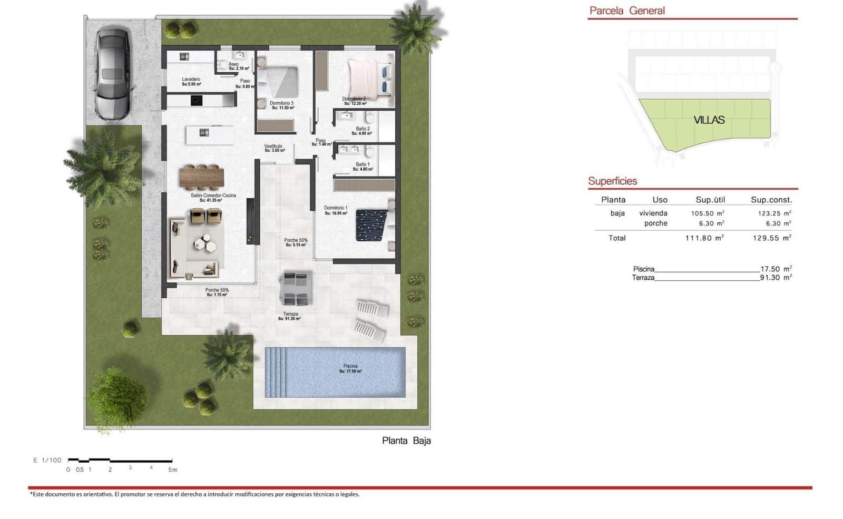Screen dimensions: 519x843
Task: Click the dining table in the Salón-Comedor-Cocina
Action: click(x=202, y=177)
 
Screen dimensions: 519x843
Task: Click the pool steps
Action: click(x=275, y=371)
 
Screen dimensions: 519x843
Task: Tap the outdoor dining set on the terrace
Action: click(x=295, y=288)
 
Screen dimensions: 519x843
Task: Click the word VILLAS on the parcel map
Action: click(x=709, y=120)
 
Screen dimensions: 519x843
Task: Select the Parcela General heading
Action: click(x=627, y=11)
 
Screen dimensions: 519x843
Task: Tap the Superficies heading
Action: click(x=612, y=181)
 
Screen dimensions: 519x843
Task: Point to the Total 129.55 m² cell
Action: click(x=771, y=238)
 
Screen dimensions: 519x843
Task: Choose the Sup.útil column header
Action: click(x=710, y=200)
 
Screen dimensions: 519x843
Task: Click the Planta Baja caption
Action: click(x=406, y=440)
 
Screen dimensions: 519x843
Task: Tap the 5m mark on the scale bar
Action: click(x=172, y=469)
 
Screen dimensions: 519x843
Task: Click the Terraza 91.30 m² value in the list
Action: click(x=775, y=278)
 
